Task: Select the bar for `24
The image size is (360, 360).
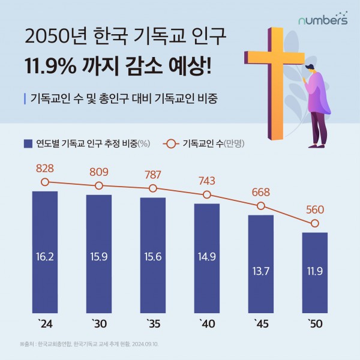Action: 45,252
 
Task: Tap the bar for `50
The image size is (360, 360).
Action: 315,273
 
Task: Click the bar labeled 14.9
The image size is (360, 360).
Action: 207,258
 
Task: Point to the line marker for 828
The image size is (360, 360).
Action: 45,181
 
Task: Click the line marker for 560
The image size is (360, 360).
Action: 315,224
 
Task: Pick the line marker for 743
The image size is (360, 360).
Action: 207,194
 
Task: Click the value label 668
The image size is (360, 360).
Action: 261,193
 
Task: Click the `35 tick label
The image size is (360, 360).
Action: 153,325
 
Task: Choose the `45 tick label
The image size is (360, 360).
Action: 261,325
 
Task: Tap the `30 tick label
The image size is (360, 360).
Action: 99,325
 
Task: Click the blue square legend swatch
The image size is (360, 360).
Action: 28,143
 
